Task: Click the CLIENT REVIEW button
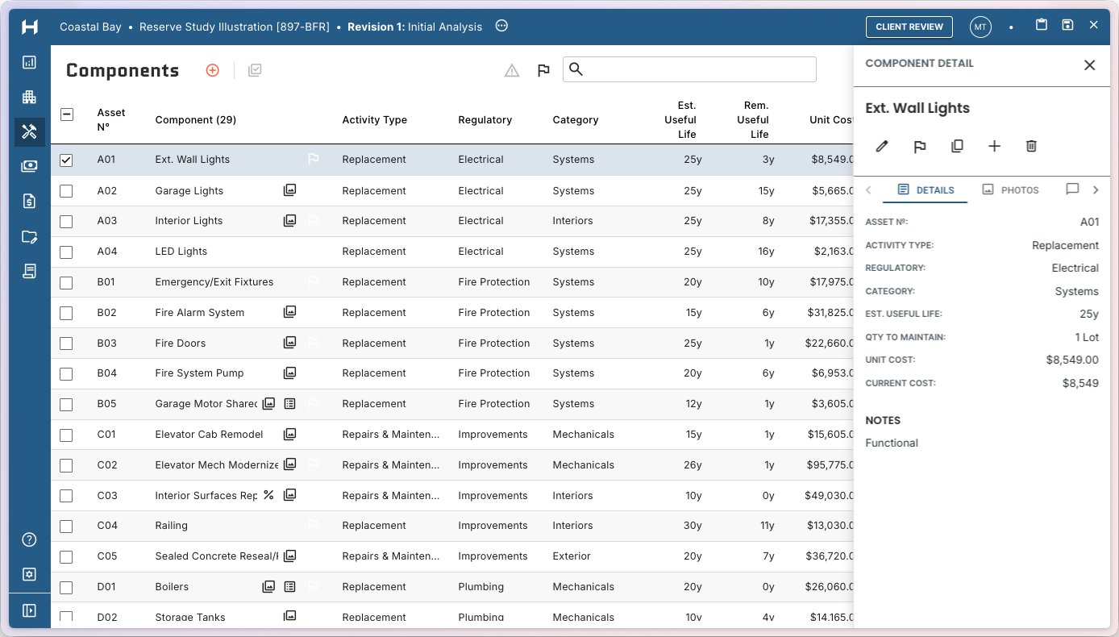(x=909, y=27)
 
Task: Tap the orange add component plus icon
(x=213, y=70)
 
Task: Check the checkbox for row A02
(x=66, y=191)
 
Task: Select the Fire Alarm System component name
(x=199, y=313)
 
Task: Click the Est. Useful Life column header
(x=686, y=120)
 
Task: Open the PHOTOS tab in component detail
(x=1011, y=190)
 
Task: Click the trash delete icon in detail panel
(x=1031, y=146)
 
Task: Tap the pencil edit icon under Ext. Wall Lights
(x=882, y=146)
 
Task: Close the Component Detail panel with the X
(x=1089, y=65)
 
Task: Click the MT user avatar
(x=980, y=27)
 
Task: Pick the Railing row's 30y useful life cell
(x=693, y=526)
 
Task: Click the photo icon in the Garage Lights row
(x=289, y=190)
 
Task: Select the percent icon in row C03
(x=268, y=495)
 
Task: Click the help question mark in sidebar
(x=29, y=539)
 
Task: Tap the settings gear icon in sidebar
(x=29, y=574)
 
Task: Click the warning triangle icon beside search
(x=512, y=71)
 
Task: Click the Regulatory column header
(x=485, y=120)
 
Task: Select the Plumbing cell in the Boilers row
(x=480, y=587)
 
